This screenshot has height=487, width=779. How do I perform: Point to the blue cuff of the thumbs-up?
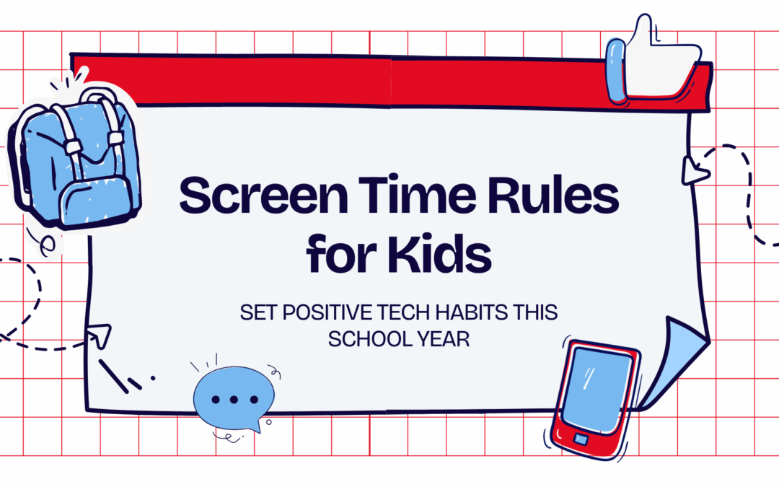(616, 68)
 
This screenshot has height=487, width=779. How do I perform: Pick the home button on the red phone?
(581, 439)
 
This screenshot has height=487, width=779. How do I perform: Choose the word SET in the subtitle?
(256, 314)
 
